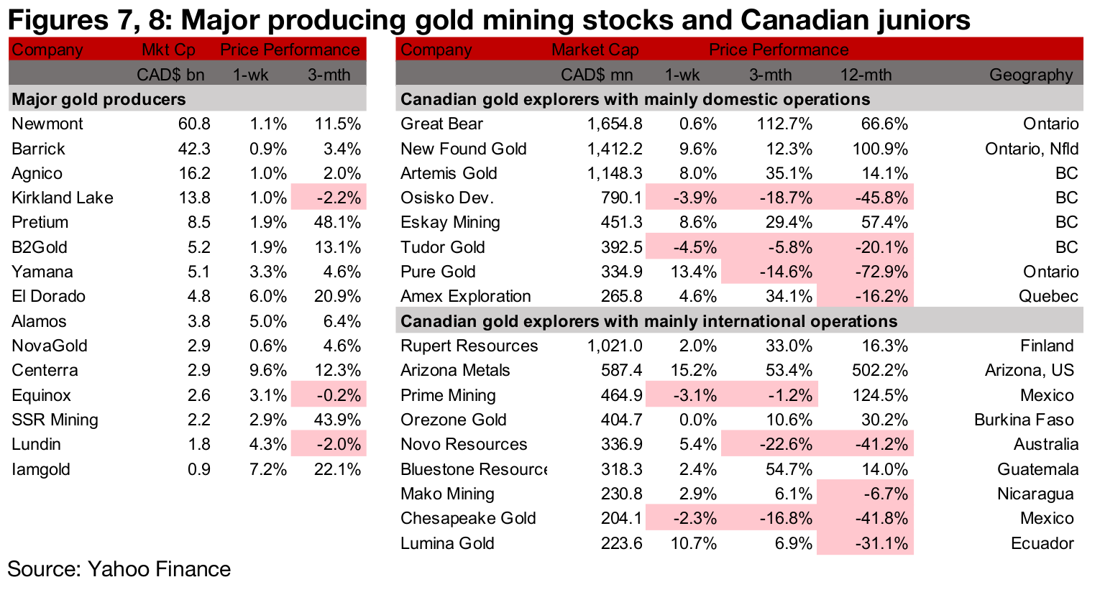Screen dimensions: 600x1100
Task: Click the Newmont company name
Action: click(47, 124)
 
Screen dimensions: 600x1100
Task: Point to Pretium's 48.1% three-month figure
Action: click(337, 222)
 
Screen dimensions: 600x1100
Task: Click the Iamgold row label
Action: click(41, 469)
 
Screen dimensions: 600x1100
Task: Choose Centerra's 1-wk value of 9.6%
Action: click(268, 370)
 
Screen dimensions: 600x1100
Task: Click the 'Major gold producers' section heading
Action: click(98, 99)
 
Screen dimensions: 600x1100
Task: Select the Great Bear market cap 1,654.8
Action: click(615, 124)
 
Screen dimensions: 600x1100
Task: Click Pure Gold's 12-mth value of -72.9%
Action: click(881, 272)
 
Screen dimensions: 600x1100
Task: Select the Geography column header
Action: click(1030, 75)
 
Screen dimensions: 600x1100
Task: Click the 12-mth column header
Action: click(866, 75)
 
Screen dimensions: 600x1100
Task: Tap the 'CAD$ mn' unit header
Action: click(597, 75)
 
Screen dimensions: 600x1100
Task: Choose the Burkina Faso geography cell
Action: click(1024, 420)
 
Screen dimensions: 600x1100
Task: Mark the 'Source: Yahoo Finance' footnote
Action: click(119, 569)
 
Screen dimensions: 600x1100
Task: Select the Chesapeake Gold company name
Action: click(468, 518)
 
